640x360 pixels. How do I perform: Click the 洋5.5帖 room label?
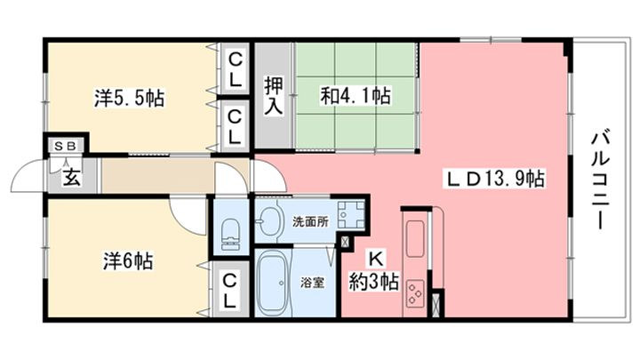coord(129,97)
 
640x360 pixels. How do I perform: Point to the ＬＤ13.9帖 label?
coord(494,178)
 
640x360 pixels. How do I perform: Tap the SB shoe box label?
coord(65,146)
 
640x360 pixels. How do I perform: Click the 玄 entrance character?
coord(70,176)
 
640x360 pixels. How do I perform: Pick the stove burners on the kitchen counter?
coord(415,292)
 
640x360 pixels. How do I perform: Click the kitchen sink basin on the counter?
coord(415,238)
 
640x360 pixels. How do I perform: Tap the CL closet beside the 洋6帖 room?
coord(228,290)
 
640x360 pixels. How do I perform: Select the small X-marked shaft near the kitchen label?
coord(344,241)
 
